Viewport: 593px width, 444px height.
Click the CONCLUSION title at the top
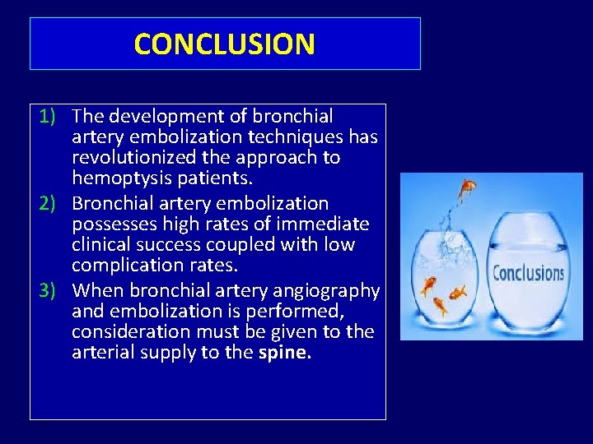[224, 44]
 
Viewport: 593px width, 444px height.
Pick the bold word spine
[285, 353]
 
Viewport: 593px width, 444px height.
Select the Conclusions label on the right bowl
[528, 272]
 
